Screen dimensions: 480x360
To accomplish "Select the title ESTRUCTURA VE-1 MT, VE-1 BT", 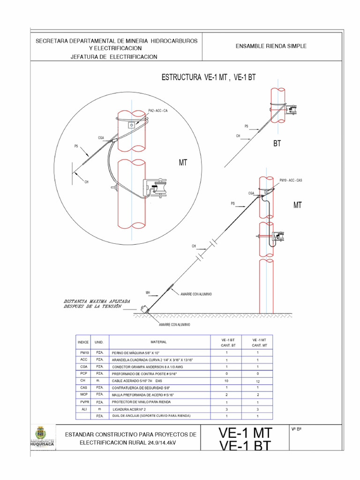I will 209,78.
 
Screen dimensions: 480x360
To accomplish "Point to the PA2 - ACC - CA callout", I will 158,110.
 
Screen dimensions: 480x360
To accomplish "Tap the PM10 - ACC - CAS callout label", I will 291,180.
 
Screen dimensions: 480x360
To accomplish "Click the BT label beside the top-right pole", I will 277,144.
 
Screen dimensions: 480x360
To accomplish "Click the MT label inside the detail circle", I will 183,163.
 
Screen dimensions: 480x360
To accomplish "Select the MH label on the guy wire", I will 148,292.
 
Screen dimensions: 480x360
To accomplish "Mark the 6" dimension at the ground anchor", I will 142,307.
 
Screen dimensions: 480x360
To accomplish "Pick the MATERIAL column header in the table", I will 158,342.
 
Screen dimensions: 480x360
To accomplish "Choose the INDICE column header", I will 83,342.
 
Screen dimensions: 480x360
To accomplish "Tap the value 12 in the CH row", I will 257,382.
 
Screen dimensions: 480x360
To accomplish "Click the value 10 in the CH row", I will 226,381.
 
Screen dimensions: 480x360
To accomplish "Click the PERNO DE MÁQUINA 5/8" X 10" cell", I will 136,353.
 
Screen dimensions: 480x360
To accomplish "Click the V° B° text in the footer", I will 296,429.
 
